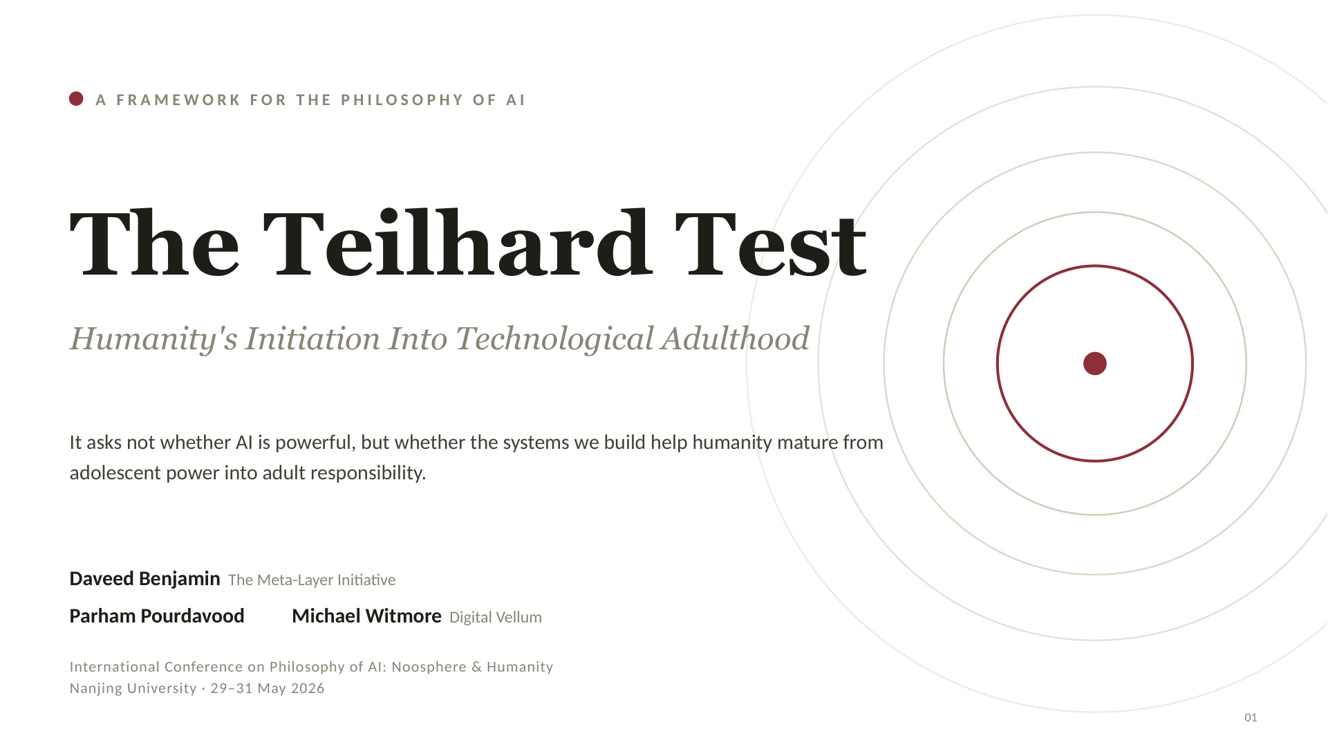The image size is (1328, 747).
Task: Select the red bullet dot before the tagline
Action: click(76, 99)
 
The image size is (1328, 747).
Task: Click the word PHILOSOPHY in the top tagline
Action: click(402, 100)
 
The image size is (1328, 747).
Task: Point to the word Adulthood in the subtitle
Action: click(735, 338)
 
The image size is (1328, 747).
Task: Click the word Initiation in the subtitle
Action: click(312, 338)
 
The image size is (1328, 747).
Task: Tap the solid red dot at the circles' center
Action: click(1095, 363)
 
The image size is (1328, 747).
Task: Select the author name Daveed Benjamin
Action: click(144, 579)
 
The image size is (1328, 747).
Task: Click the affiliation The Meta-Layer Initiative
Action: click(312, 580)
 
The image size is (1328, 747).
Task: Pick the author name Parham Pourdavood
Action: click(157, 616)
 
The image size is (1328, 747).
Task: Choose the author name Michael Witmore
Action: click(366, 616)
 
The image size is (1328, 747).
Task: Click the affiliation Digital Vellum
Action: click(496, 617)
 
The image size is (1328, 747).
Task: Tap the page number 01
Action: click(1251, 717)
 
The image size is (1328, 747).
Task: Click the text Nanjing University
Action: click(133, 688)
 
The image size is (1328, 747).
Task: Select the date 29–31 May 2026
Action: click(268, 688)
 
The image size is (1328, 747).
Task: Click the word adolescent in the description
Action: click(115, 473)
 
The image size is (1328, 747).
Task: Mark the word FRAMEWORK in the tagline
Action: click(178, 100)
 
